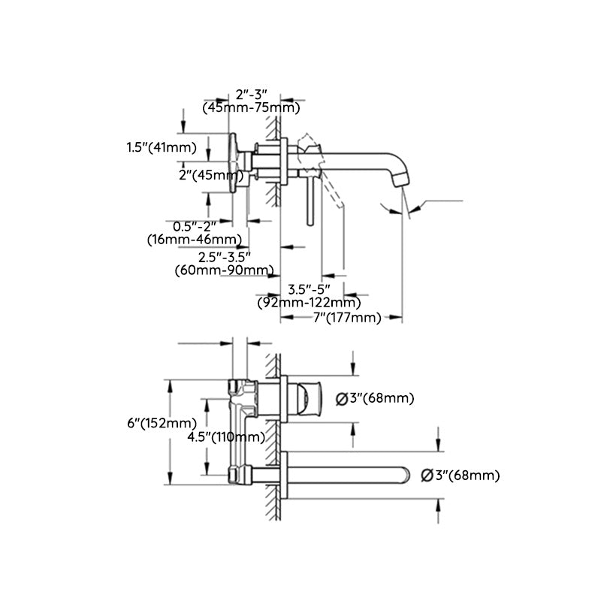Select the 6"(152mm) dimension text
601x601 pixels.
(162, 423)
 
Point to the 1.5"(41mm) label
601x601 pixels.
(161, 147)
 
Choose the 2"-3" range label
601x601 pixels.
(252, 95)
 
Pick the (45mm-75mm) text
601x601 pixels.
(252, 108)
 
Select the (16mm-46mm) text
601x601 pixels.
(195, 240)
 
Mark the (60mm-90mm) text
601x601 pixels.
(223, 270)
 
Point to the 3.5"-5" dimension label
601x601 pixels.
(308, 289)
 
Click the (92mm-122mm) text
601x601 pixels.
(308, 303)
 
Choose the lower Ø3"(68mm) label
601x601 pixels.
(460, 475)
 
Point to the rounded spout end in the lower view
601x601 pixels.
(406, 475)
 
